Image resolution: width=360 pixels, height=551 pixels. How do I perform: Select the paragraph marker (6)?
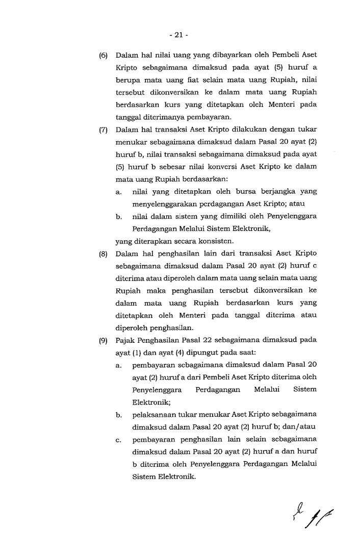[x=103, y=55]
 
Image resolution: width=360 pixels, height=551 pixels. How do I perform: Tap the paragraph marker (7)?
[x=103, y=130]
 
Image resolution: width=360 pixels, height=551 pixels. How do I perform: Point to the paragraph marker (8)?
[x=103, y=254]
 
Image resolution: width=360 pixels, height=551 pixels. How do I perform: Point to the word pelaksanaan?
[x=153, y=415]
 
